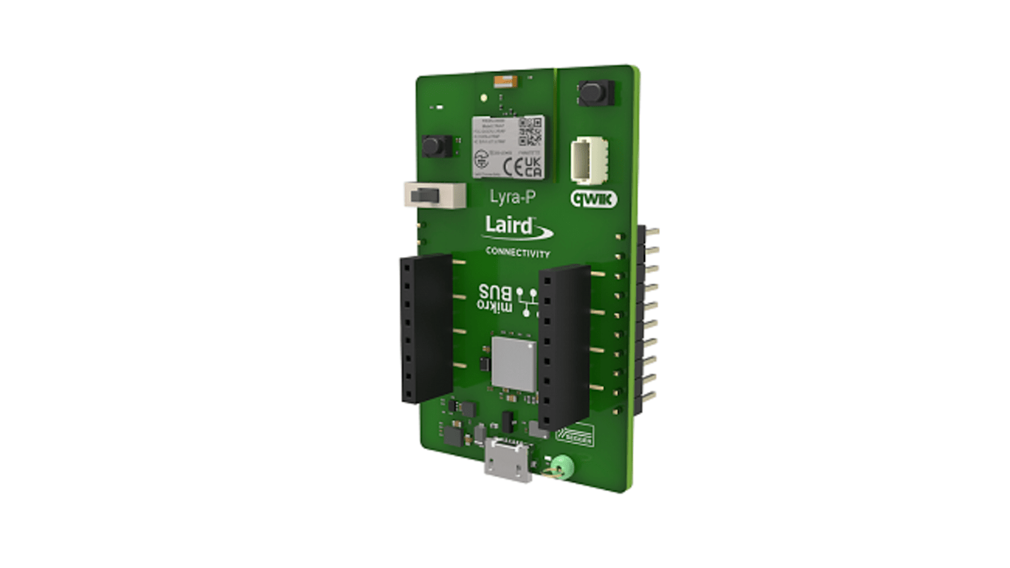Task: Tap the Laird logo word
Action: (509, 226)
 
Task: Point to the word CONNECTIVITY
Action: (517, 253)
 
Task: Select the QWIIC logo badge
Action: (593, 199)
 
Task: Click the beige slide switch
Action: (433, 194)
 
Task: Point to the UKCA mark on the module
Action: (534, 168)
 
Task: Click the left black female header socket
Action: (425, 329)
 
